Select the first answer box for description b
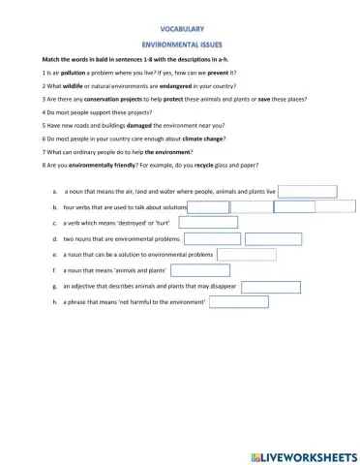coord(208,206)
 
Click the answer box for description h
coord(238,301)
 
